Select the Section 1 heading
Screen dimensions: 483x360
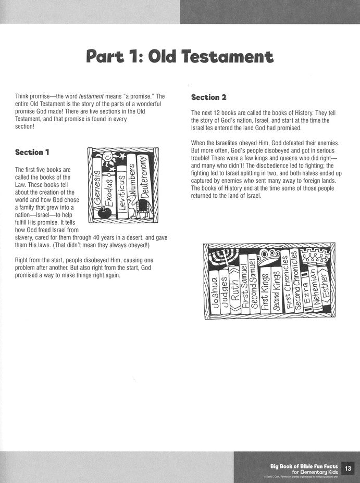coord(32,152)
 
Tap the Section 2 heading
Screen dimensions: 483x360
coord(208,97)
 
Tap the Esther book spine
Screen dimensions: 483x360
coord(327,294)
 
